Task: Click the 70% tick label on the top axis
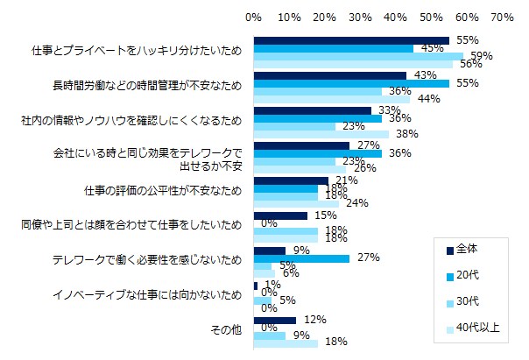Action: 502,17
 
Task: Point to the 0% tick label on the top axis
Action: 254,17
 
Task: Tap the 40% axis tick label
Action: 396,17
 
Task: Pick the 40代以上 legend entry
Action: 477,328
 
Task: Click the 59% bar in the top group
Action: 358,56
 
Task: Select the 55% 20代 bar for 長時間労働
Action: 351,83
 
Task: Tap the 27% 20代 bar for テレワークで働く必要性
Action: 301,258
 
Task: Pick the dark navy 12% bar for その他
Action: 275,320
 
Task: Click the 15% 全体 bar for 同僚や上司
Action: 280,215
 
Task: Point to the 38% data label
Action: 406,135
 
